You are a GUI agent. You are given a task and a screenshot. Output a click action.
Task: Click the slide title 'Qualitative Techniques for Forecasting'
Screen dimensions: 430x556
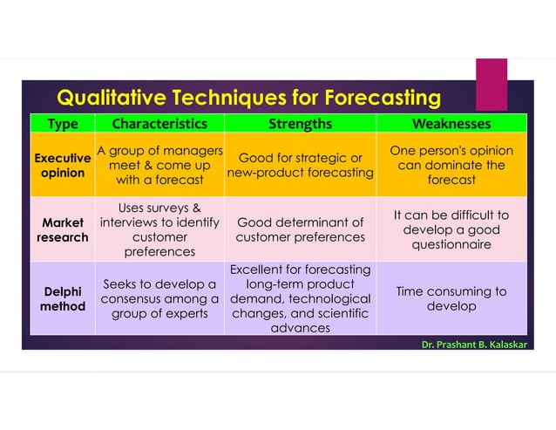click(x=248, y=96)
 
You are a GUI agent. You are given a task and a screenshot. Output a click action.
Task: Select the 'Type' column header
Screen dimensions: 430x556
click(x=62, y=124)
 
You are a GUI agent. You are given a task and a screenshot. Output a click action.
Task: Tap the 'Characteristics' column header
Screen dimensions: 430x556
click(x=159, y=124)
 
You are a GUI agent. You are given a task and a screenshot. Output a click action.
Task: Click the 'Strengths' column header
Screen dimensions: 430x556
click(x=300, y=124)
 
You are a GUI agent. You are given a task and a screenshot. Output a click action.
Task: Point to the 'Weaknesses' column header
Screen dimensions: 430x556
click(x=451, y=124)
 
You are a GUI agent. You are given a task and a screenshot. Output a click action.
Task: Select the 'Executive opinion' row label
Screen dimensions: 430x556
click(x=62, y=166)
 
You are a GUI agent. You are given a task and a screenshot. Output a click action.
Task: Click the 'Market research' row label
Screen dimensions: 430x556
click(x=62, y=229)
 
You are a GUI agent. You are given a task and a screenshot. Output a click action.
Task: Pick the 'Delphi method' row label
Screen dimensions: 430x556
click(x=62, y=298)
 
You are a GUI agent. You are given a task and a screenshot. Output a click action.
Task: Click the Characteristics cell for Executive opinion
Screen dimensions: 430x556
click(x=159, y=166)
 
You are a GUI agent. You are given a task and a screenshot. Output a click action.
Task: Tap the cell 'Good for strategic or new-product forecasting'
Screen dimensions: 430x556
click(x=300, y=166)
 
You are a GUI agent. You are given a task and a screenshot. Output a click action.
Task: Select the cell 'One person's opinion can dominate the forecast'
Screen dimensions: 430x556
click(x=451, y=166)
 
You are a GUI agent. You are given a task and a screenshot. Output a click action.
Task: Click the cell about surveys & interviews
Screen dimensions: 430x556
click(x=159, y=229)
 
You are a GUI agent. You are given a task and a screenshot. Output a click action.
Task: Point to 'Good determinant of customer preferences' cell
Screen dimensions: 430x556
click(x=300, y=229)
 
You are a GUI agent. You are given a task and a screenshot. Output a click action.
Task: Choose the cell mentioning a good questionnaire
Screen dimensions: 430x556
click(x=451, y=229)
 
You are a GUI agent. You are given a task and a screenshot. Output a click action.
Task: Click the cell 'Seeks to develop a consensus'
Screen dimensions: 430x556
click(x=159, y=298)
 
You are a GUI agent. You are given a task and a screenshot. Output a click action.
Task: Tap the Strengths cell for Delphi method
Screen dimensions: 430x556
click(x=300, y=298)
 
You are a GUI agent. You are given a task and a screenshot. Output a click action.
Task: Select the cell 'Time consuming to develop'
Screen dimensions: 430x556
click(x=451, y=298)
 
